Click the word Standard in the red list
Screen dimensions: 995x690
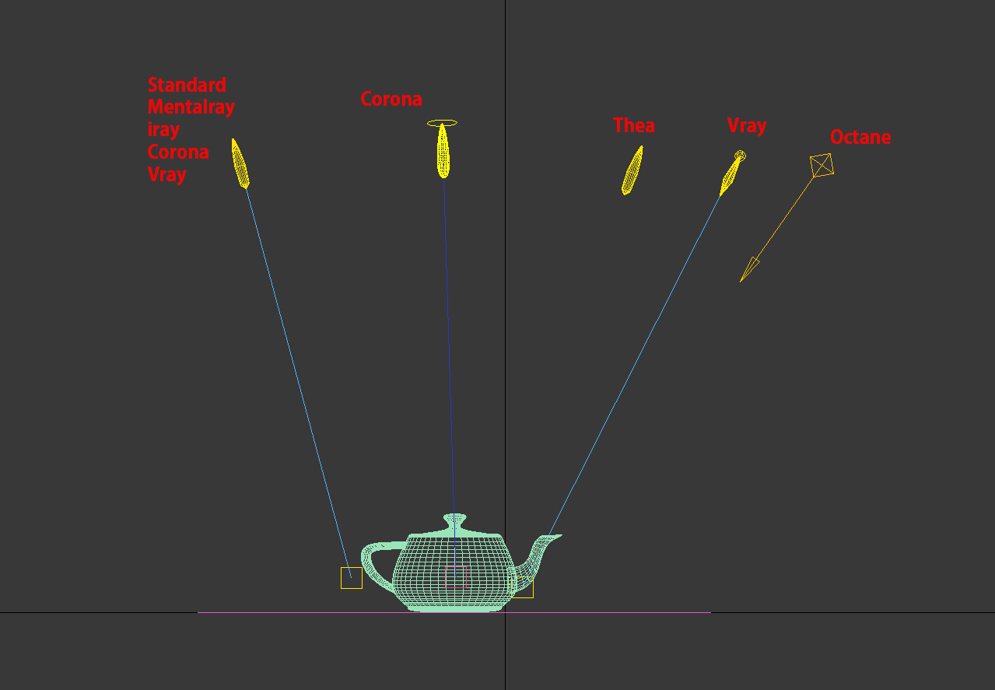tap(187, 85)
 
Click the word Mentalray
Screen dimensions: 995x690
tap(191, 107)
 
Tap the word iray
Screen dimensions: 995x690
tap(163, 130)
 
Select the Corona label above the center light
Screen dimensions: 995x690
tap(391, 99)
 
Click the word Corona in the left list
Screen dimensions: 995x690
tap(177, 152)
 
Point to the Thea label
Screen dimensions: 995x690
tap(634, 125)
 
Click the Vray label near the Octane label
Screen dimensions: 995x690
tap(747, 126)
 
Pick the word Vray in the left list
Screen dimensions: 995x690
tap(166, 174)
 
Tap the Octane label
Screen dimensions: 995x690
tap(860, 137)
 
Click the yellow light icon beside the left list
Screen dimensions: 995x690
tap(240, 163)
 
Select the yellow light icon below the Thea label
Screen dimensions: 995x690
tap(632, 170)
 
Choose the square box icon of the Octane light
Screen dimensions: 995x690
tap(822, 165)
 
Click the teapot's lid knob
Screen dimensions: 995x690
tap(455, 519)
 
